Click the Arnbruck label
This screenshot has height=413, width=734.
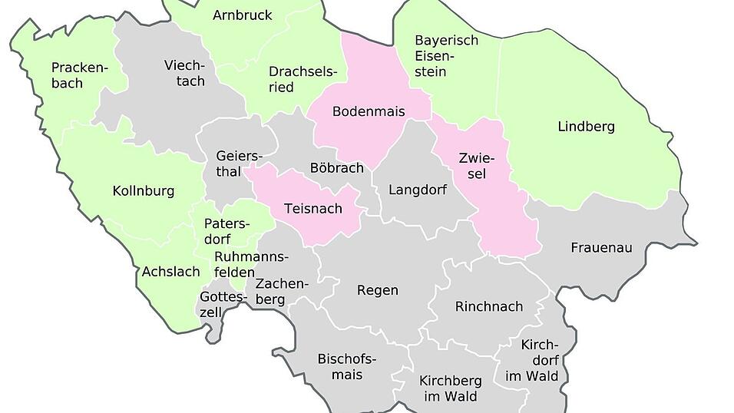[242, 15]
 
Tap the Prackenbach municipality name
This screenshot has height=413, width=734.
[79, 74]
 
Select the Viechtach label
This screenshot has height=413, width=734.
[184, 73]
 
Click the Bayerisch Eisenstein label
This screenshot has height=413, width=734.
[446, 55]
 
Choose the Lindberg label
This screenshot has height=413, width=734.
[586, 127]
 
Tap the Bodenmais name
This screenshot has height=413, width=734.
[368, 111]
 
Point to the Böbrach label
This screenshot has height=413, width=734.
[336, 167]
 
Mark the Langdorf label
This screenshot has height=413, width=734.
[417, 190]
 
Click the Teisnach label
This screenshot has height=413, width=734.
[312, 208]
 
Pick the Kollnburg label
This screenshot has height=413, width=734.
[144, 191]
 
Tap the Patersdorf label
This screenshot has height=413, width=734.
[227, 231]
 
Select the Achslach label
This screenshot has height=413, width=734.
[170, 272]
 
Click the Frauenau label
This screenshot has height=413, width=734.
[601, 248]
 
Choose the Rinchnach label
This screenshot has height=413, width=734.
[488, 306]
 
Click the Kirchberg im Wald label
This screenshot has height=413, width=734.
[450, 388]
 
